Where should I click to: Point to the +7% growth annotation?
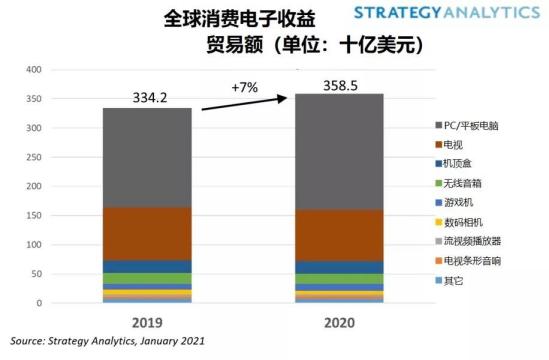pyautogui.click(x=245, y=87)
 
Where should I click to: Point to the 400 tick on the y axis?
pyautogui.click(x=33, y=70)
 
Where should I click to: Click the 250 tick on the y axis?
pyautogui.click(x=33, y=157)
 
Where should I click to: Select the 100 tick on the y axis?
pyautogui.click(x=33, y=245)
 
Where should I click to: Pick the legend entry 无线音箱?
pyautogui.click(x=462, y=182)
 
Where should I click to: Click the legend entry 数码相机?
pyautogui.click(x=462, y=221)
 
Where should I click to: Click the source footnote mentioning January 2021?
pyautogui.click(x=108, y=341)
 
